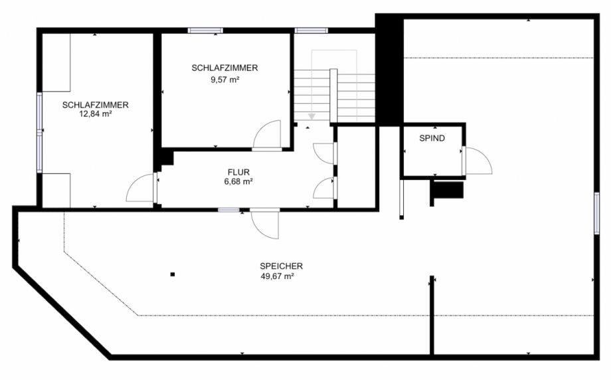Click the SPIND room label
click(x=432, y=138)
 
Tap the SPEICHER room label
click(x=282, y=266)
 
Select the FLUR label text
click(x=238, y=172)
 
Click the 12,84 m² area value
click(x=96, y=114)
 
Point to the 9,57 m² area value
click(x=225, y=80)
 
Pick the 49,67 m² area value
click(x=277, y=276)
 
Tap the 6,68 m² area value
click(x=238, y=181)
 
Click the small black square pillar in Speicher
click(x=173, y=274)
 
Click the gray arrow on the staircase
click(x=311, y=116)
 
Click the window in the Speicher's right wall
click(x=596, y=213)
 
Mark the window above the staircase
click(x=311, y=31)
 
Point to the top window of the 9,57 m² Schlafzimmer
click(x=205, y=31)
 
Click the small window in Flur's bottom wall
click(x=228, y=210)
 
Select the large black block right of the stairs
click(x=389, y=70)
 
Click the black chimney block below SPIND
click(x=448, y=190)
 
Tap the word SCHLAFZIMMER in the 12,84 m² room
click(x=96, y=105)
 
